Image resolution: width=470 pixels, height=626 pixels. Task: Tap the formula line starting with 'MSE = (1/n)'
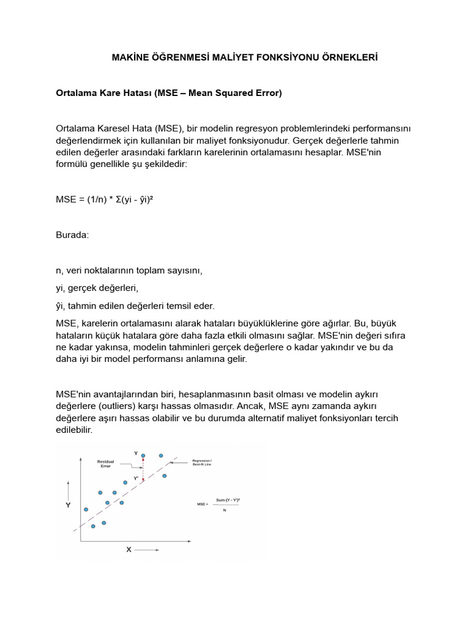pos(104,200)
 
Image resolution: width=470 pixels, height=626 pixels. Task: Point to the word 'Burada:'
pos(72,235)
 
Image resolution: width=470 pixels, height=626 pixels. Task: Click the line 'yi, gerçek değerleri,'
pos(97,288)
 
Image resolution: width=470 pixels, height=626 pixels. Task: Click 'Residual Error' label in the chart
pos(106,463)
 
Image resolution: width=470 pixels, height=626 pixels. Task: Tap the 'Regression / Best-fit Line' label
pos(201,462)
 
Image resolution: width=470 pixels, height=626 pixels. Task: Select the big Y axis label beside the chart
pos(69,506)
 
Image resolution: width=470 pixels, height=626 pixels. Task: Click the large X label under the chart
pos(129,550)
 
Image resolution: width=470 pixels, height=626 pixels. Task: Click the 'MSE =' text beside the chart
pos(203,504)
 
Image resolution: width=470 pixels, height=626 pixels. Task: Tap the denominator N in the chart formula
pos(225,510)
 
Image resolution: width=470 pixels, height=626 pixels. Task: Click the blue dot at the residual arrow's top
pos(143,455)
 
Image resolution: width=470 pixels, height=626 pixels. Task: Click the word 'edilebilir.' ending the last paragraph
pos(74,430)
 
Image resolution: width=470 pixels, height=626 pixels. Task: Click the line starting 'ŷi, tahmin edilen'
pos(135,306)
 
